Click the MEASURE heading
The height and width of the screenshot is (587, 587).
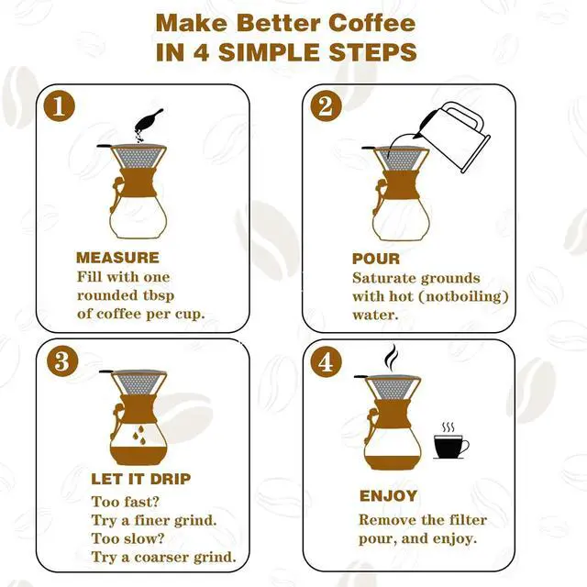(x=117, y=258)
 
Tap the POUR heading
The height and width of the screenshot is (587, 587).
(x=376, y=259)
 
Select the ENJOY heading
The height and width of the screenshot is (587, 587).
(x=388, y=496)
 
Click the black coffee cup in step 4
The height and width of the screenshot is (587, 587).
(x=449, y=447)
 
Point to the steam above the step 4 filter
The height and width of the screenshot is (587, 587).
(x=392, y=356)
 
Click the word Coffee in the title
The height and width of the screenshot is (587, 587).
(x=360, y=23)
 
